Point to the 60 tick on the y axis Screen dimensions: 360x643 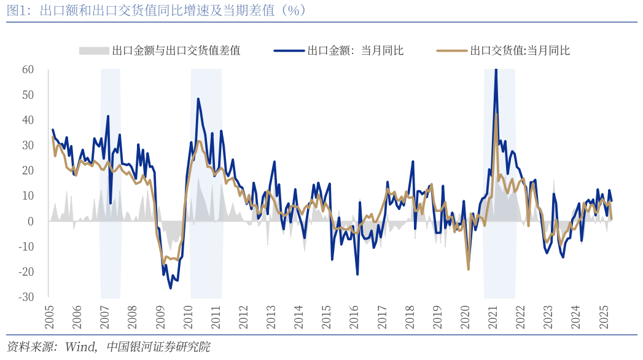[28, 69]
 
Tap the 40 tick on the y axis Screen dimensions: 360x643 [28, 120]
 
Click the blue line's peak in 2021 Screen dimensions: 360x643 [496, 70]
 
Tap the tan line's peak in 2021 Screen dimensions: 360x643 [496, 114]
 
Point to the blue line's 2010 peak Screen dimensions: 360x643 [198, 99]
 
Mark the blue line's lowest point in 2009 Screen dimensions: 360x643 [170, 288]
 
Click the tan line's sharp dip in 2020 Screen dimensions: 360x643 [468, 269]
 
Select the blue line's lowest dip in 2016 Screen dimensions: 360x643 [357, 274]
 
